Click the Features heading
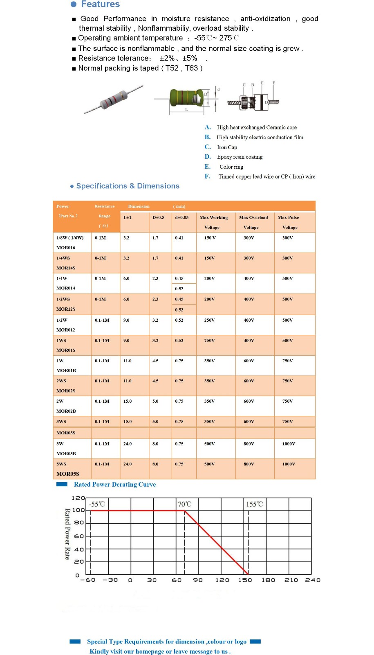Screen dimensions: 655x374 100,4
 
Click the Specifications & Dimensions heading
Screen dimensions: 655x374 128,186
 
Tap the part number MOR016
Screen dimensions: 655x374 66,248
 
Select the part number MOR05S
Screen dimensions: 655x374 68,474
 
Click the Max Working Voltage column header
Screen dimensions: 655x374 213,222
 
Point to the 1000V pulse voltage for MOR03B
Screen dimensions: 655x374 289,444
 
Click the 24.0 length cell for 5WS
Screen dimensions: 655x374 128,464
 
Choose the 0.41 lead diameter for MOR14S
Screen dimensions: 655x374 179,258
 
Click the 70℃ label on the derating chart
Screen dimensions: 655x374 184,504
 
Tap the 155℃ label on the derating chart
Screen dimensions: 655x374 254,504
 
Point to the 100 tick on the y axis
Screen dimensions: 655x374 78,510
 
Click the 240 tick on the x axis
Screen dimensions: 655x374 313,580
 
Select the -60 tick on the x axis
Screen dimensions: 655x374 88,580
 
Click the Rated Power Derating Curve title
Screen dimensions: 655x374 115,485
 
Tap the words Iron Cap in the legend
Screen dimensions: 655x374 227,147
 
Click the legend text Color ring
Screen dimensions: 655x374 231,167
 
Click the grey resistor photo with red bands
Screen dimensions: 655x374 114,99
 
